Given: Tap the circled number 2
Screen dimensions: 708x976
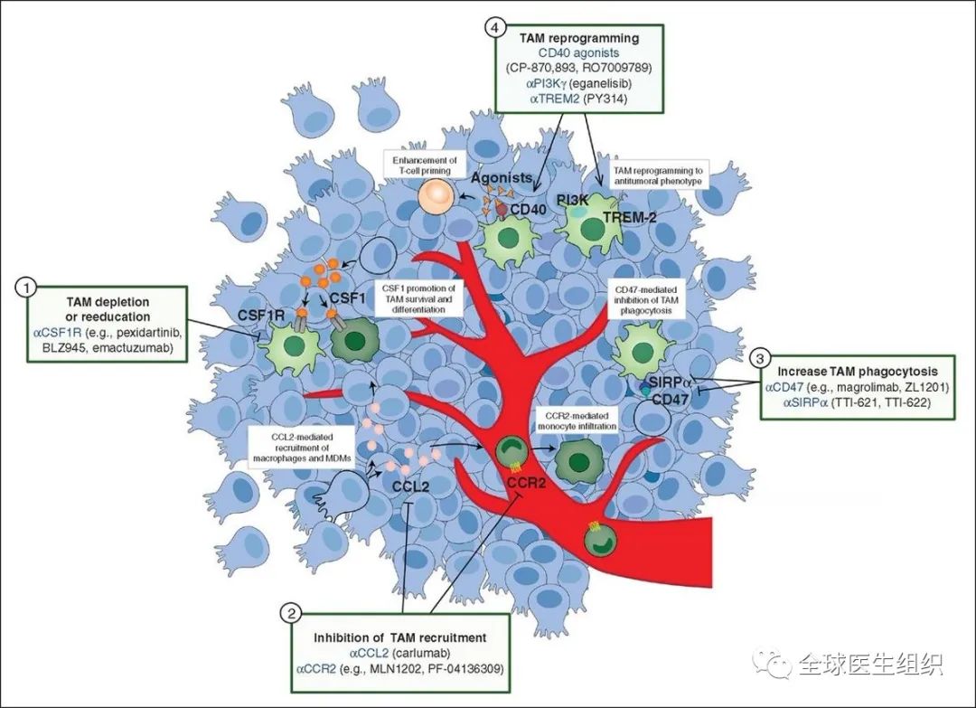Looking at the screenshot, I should (x=291, y=613).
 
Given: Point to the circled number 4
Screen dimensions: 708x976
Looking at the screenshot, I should (x=495, y=28).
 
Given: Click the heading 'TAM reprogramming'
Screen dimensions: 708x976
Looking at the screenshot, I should (x=579, y=39).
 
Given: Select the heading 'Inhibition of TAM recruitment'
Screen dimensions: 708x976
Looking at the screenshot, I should (x=399, y=637).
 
